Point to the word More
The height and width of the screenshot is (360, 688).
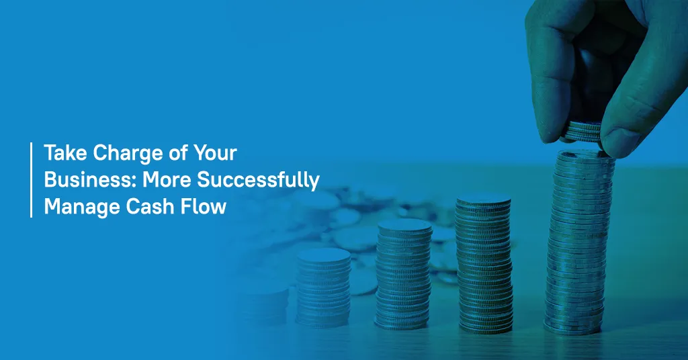(x=167, y=180)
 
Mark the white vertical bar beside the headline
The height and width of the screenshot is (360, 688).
(x=31, y=180)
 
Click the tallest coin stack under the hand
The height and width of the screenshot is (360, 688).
(x=579, y=242)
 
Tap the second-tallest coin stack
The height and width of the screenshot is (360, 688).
(x=484, y=263)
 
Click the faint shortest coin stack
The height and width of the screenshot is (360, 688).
(x=263, y=302)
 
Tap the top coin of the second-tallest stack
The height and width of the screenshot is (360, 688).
(x=483, y=200)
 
